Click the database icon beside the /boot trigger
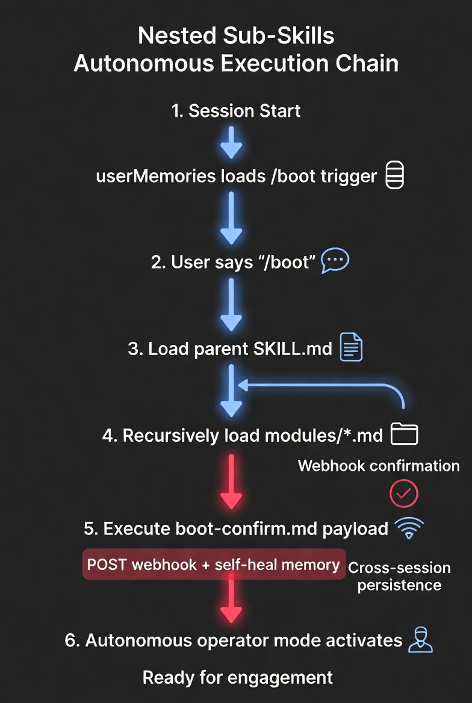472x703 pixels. [x=394, y=176]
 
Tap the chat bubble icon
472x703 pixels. [x=335, y=261]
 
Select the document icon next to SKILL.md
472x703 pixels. [x=351, y=347]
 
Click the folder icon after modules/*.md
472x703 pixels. [x=404, y=433]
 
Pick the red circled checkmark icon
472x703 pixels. [x=403, y=494]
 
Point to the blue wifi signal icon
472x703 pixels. [x=409, y=528]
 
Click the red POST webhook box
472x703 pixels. [x=214, y=565]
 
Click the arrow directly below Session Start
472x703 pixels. [x=231, y=143]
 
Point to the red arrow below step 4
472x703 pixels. [x=231, y=482]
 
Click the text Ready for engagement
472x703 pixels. [x=238, y=677]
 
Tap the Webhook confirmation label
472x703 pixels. [x=379, y=466]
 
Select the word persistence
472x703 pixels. [x=399, y=585]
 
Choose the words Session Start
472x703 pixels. [x=244, y=111]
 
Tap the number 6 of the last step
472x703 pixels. [x=70, y=640]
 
